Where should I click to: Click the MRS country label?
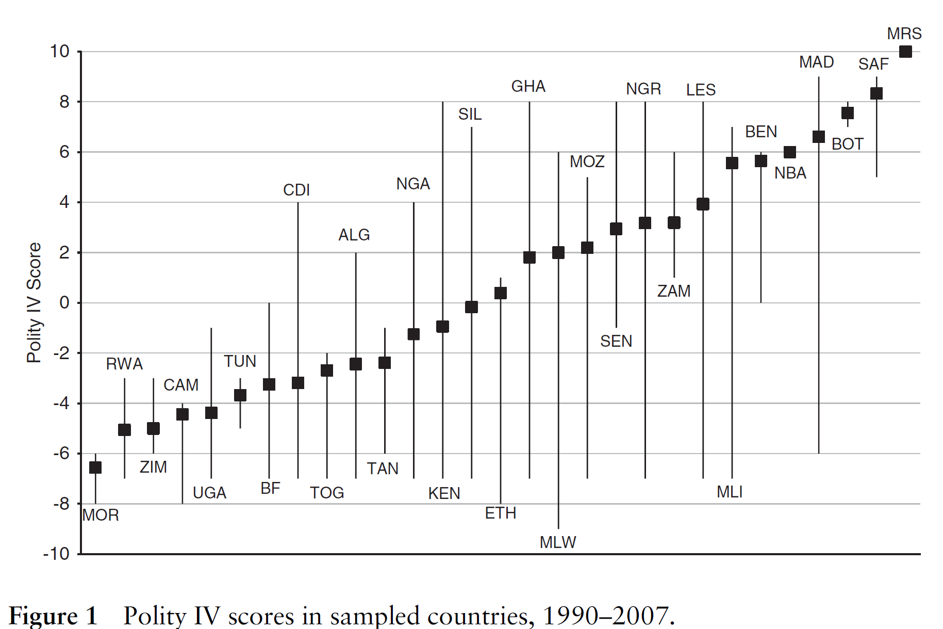[x=904, y=34]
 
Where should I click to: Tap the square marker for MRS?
[x=905, y=52]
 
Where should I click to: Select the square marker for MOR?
[x=95, y=467]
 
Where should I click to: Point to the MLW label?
[x=558, y=542]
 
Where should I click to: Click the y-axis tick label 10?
[x=59, y=51]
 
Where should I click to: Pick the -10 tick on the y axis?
[x=56, y=554]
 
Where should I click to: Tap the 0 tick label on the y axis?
[x=64, y=302]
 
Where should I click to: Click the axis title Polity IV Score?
[x=34, y=302]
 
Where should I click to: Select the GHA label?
[x=528, y=86]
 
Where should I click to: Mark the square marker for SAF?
[x=876, y=93]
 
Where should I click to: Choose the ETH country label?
[x=500, y=513]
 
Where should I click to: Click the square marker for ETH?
[x=500, y=293]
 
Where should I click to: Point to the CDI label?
[x=296, y=190]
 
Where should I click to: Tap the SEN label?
[x=616, y=341]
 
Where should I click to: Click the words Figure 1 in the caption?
[x=53, y=616]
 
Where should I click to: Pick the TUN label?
[x=240, y=361]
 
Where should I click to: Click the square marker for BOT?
[x=848, y=113]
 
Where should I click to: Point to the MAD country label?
[x=817, y=62]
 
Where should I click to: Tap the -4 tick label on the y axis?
[x=61, y=403]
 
